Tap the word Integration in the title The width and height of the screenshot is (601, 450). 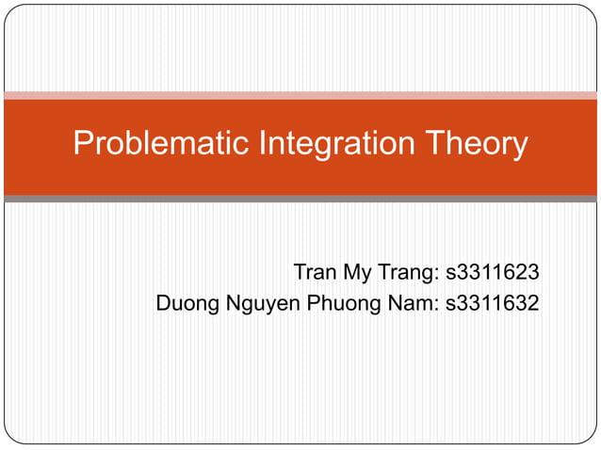323,144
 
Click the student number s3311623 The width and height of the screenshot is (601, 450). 492,273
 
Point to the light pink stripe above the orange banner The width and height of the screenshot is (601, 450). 300,95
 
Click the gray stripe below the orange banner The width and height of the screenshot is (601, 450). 300,199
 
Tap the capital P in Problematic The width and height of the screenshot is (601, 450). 83,144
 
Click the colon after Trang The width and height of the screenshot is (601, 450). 437,275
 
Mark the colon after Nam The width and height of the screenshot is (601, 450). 436,305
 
